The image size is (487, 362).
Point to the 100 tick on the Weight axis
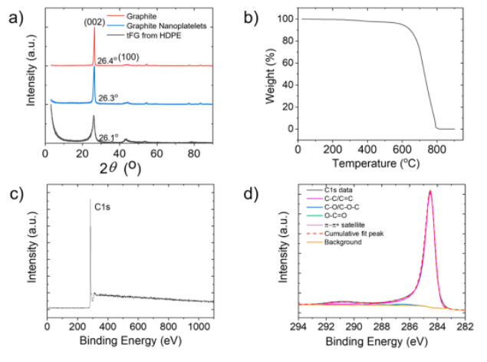pos(284,18)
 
